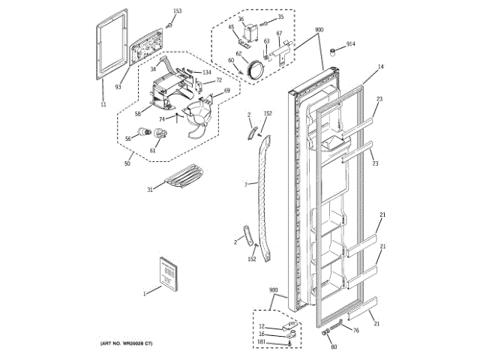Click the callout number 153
point(177,11)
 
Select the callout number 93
point(118,86)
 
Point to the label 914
point(351,44)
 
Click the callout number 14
point(380,67)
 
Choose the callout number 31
point(149,190)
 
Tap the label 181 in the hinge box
point(261,343)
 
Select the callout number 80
point(334,346)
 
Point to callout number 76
point(355,330)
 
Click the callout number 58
point(138,114)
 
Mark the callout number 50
point(127,163)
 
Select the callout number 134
point(207,72)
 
